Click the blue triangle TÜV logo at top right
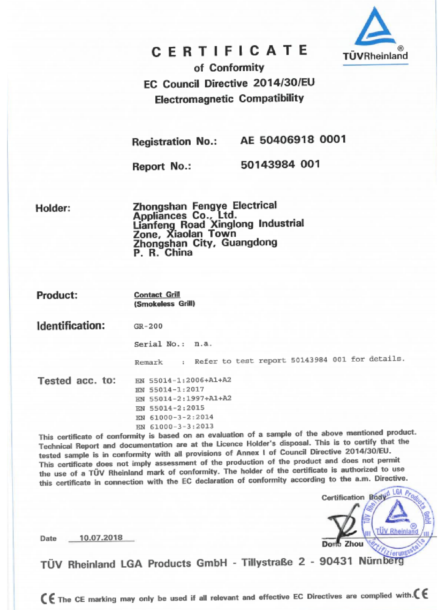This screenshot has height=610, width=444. click(x=375, y=28)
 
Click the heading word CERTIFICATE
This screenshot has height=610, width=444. click(x=229, y=51)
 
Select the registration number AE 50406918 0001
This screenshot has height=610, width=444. click(x=293, y=139)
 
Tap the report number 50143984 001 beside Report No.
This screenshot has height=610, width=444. click(x=280, y=164)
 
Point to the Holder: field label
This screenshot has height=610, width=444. click(x=53, y=208)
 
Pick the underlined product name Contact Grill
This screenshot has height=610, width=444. click(x=157, y=294)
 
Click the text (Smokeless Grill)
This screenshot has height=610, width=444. click(x=164, y=304)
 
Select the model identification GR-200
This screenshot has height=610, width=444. click(x=148, y=326)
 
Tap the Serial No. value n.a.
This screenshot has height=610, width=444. click(x=203, y=344)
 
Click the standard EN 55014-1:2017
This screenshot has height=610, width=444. click(x=170, y=390)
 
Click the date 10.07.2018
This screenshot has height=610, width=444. click(x=101, y=538)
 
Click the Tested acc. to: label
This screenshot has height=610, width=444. click(x=77, y=380)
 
